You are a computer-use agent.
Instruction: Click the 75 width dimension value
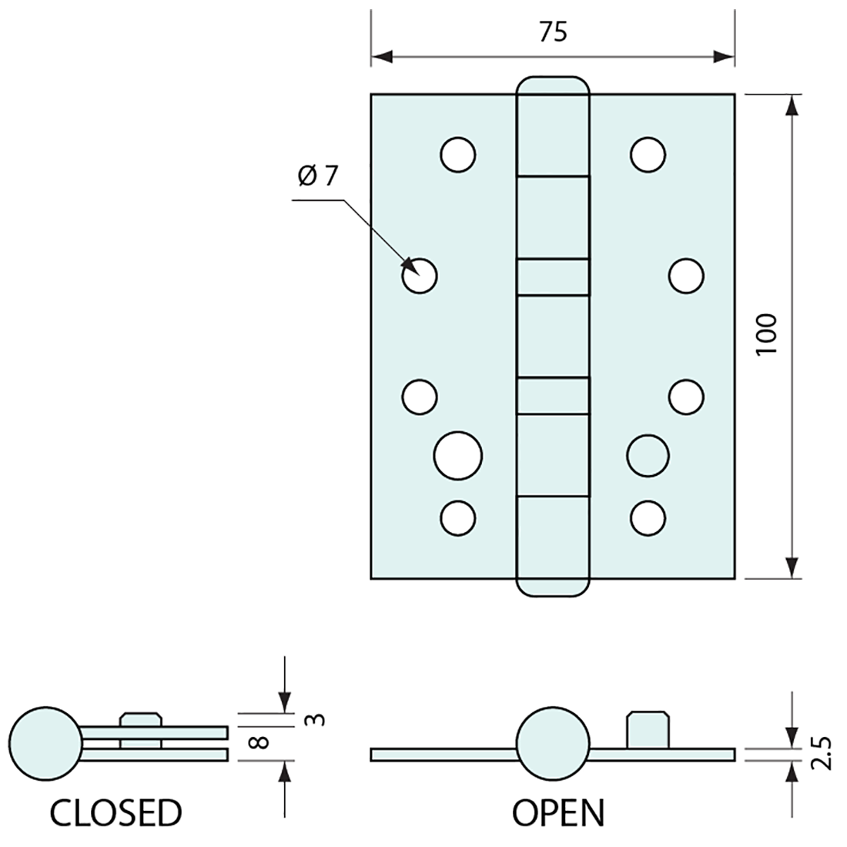coord(553,32)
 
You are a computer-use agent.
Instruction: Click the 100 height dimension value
coord(767,333)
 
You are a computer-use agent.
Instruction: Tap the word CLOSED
coord(116,812)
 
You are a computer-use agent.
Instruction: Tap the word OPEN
coord(559,812)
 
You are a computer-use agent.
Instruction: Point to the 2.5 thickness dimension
coord(821,753)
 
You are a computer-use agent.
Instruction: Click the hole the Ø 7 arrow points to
coord(420,275)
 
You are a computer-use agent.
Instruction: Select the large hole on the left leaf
coord(458,456)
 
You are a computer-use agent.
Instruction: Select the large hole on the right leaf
coord(648,456)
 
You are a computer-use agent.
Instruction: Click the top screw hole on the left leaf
coord(458,154)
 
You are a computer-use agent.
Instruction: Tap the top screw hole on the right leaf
coord(648,154)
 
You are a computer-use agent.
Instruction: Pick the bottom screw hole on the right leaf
coord(648,517)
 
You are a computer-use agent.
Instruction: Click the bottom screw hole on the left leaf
coord(458,517)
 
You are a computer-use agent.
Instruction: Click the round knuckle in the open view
coord(552,743)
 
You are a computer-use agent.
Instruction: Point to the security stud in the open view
coord(646,728)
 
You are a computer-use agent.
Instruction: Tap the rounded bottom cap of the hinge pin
coord(553,585)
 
